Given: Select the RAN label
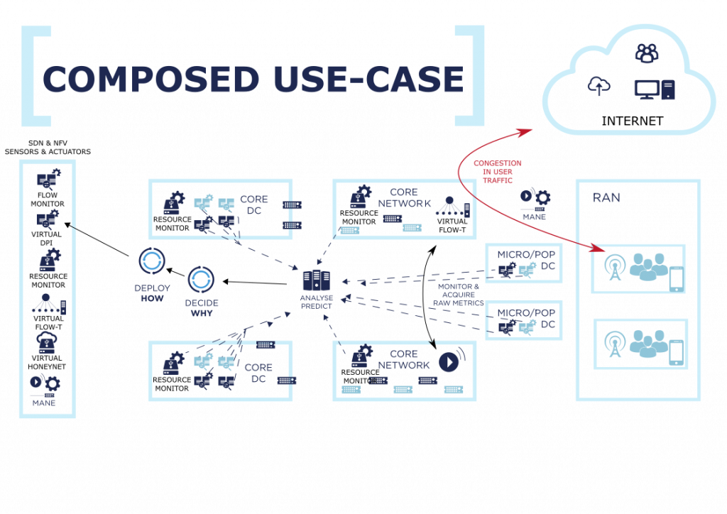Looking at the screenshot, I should click(606, 197).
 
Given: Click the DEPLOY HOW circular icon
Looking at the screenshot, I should click(152, 261).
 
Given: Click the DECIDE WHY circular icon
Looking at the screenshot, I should click(201, 280).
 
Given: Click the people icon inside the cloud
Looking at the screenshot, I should click(647, 52).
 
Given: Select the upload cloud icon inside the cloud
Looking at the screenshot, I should click(598, 87).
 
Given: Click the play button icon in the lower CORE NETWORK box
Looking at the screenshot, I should click(447, 362).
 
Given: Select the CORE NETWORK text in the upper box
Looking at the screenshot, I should click(404, 198).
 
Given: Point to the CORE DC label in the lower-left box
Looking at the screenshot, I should click(258, 373).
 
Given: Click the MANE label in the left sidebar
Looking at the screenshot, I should click(43, 403).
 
